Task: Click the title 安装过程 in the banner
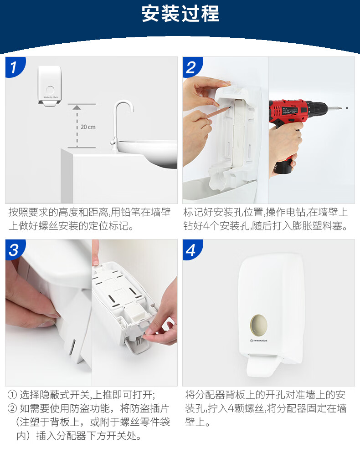coord(180,14)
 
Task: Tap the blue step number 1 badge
coord(15,67)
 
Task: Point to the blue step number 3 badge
coord(15,249)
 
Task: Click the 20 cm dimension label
coord(88,127)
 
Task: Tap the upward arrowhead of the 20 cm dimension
coord(77,107)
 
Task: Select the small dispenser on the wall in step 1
coord(49,86)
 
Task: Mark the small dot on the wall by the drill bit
coord(347,108)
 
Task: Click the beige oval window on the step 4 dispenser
coord(259,325)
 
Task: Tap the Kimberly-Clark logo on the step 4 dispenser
coord(259,341)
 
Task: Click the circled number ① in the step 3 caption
coord(12,395)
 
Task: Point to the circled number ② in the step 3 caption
coord(12,408)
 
